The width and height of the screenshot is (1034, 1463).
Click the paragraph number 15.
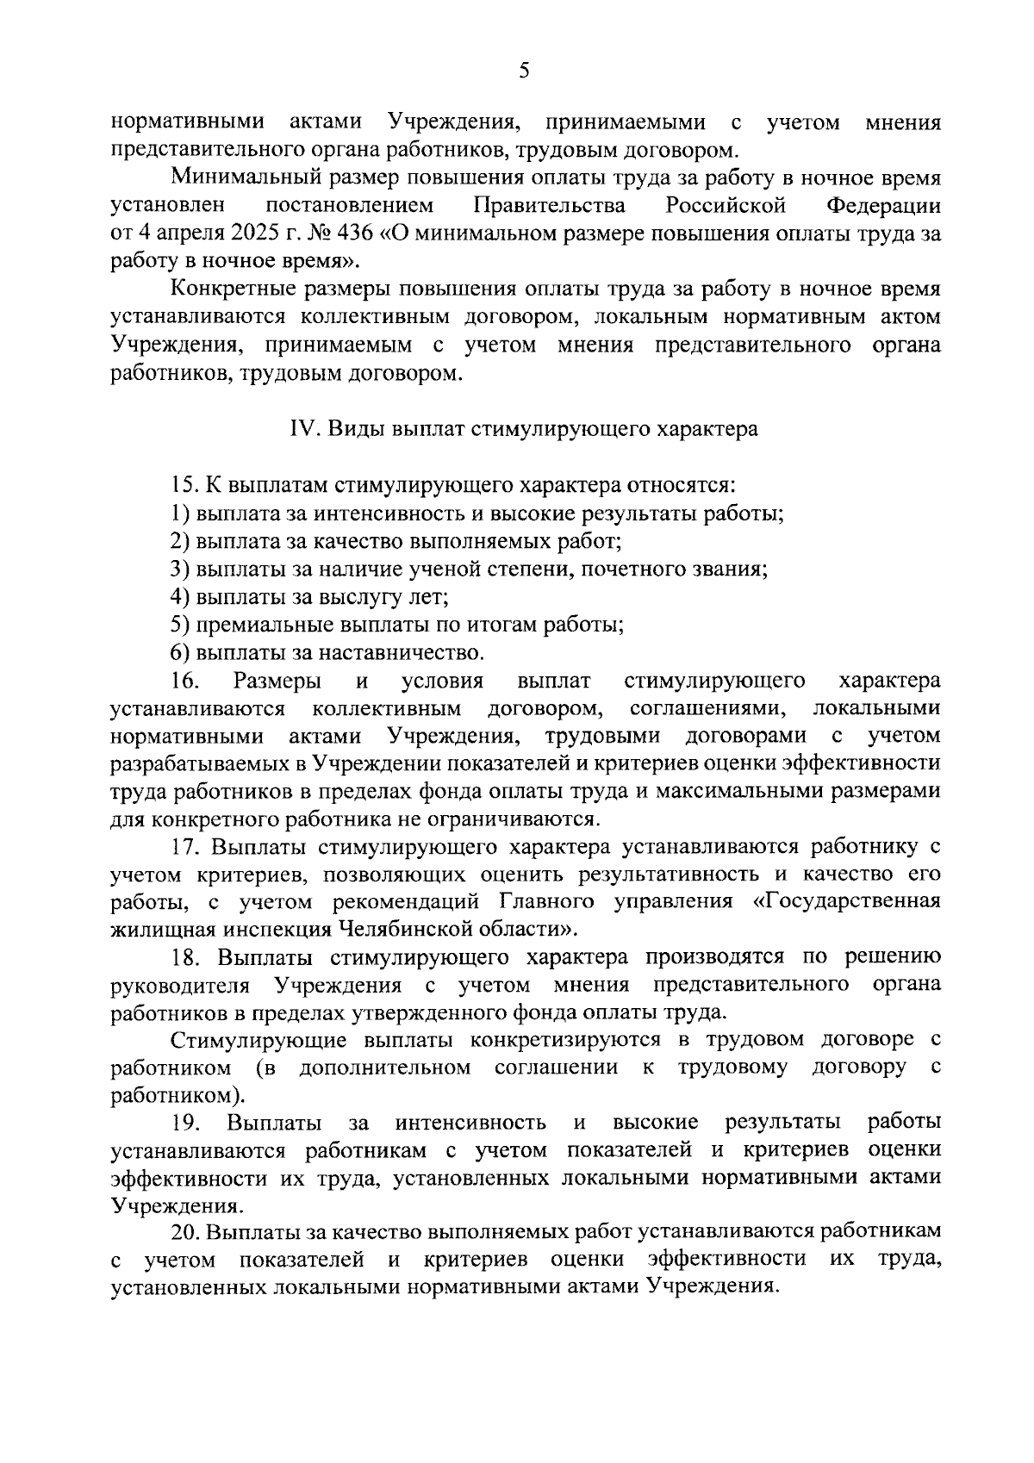click(183, 485)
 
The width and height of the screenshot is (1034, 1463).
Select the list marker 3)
click(180, 569)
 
